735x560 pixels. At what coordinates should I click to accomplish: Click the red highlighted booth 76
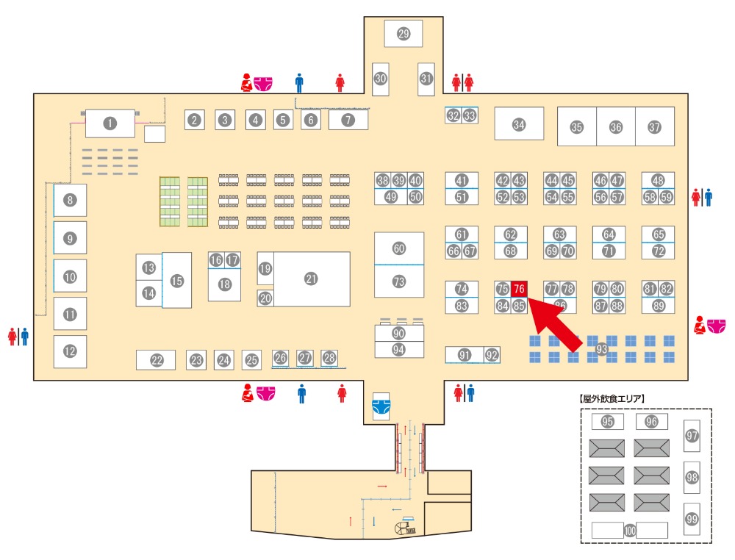click(520, 289)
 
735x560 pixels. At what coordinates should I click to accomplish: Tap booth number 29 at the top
click(403, 33)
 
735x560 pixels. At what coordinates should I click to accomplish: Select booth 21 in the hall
click(311, 279)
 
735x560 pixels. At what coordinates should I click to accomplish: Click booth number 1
click(110, 123)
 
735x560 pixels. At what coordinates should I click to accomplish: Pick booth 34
click(519, 124)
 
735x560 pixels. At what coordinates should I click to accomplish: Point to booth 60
click(399, 249)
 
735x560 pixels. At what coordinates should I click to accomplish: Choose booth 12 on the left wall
click(70, 351)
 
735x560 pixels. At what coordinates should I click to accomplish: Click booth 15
click(176, 280)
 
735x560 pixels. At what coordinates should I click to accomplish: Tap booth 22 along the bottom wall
click(156, 360)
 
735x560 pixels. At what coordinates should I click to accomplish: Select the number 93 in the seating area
click(602, 348)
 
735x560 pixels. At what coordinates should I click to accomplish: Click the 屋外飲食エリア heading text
click(612, 398)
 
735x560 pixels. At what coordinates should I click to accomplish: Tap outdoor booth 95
click(607, 422)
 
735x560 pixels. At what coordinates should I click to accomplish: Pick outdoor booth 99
click(692, 519)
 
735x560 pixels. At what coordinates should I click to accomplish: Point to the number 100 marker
click(630, 530)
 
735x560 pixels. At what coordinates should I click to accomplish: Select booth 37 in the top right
click(655, 126)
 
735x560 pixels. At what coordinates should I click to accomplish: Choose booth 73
click(399, 281)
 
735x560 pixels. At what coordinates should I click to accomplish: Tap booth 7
click(348, 119)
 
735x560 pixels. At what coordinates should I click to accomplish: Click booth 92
click(492, 355)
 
